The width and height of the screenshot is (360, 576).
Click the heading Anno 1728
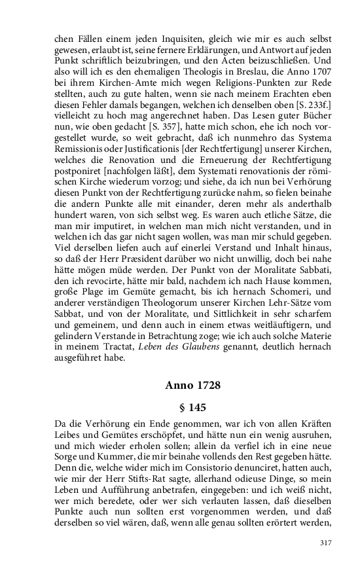192,386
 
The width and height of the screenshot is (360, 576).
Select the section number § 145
192,407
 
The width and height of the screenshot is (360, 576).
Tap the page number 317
326,543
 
